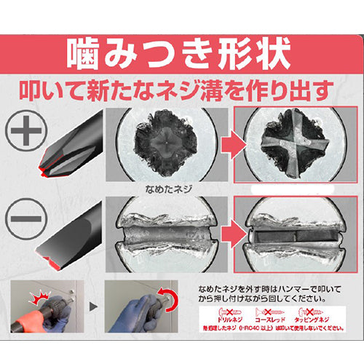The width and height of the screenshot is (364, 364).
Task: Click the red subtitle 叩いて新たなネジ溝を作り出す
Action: (182, 92)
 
